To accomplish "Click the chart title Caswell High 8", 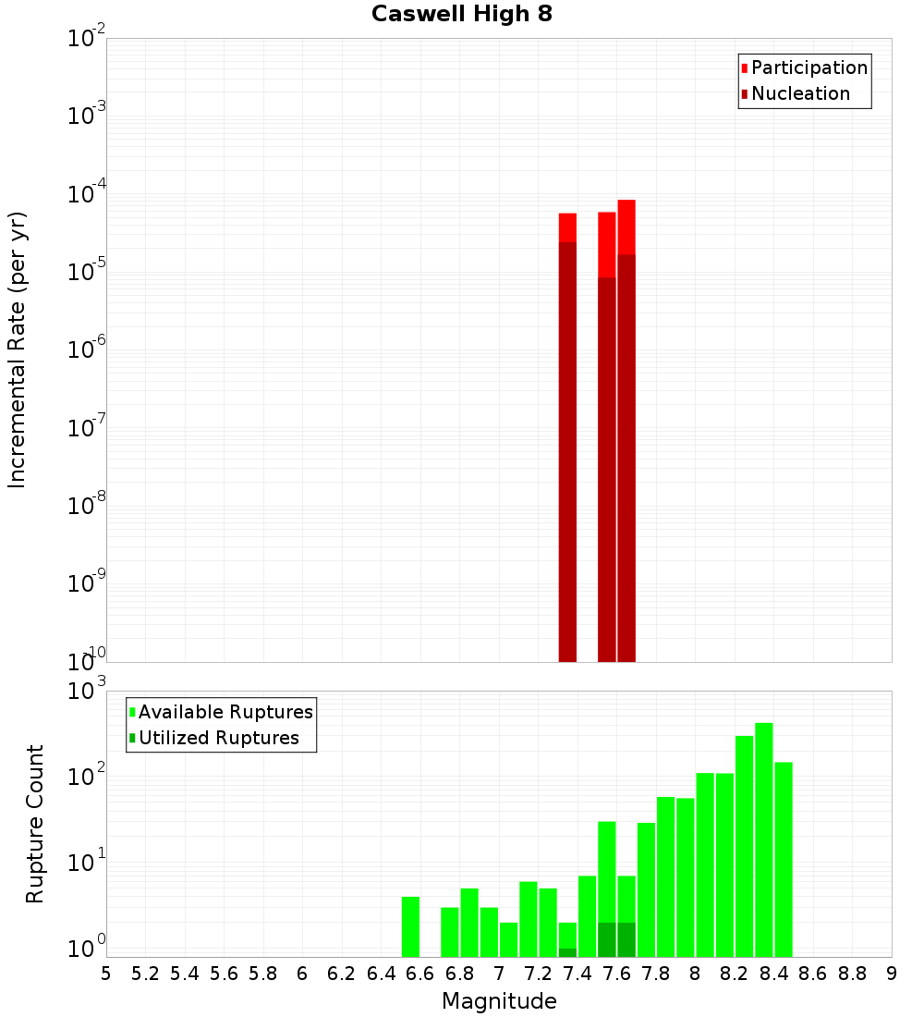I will pyautogui.click(x=462, y=15).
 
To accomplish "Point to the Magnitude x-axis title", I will pyautogui.click(x=499, y=1001).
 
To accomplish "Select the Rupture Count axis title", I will pyautogui.click(x=35, y=824).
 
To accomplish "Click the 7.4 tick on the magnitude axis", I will pyautogui.click(x=577, y=973).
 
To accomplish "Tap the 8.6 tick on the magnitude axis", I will pyautogui.click(x=813, y=973).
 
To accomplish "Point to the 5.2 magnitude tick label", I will pyautogui.click(x=145, y=973).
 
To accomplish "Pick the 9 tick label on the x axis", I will pyautogui.click(x=892, y=973).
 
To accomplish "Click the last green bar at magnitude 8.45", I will pyautogui.click(x=784, y=859).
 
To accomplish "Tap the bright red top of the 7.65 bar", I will pyautogui.click(x=626, y=227).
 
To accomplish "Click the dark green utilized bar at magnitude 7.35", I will pyautogui.click(x=567, y=952).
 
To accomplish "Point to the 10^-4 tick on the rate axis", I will pyautogui.click(x=88, y=194).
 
